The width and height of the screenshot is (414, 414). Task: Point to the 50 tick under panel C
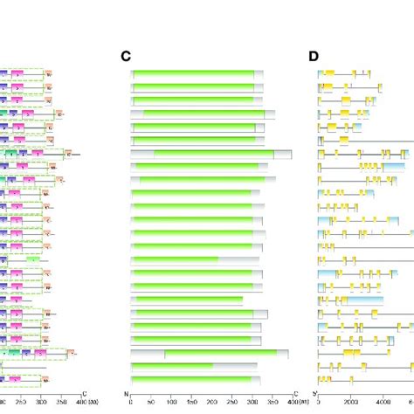tap(151, 403)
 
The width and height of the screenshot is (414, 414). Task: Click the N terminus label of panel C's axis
tap(129, 393)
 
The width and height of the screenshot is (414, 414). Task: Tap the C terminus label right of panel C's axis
tap(297, 393)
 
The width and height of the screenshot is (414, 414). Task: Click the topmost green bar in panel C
tap(194, 74)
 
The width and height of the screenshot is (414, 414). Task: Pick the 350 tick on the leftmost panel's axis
tap(61, 403)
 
